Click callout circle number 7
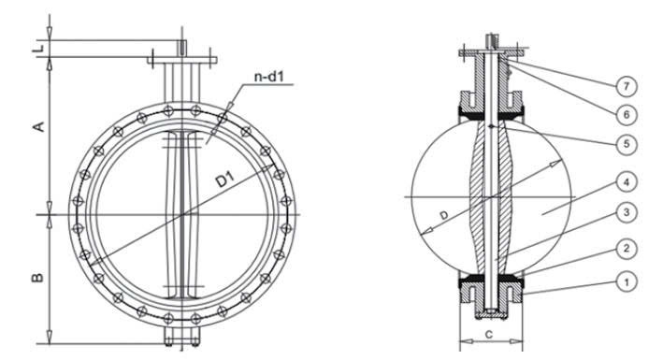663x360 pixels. point(627,86)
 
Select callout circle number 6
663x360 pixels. point(627,114)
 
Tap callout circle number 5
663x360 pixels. point(627,144)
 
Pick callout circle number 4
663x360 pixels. point(627,182)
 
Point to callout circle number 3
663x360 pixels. point(627,212)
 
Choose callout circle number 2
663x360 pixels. point(627,249)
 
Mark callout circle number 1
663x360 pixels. point(627,281)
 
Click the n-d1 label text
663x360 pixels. point(269,77)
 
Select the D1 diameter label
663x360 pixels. point(224,180)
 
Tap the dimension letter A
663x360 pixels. point(39,126)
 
